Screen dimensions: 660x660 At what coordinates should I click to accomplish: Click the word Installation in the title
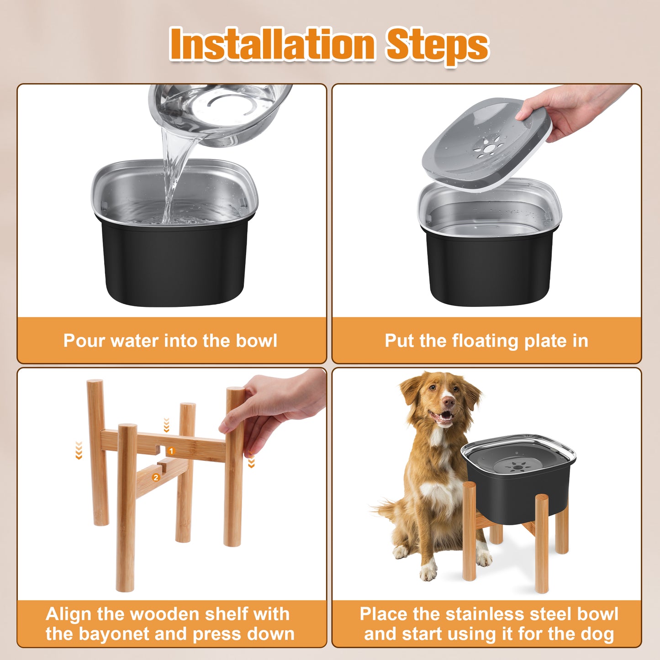pos(272,44)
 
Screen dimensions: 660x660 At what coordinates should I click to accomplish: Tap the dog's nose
pos(449,402)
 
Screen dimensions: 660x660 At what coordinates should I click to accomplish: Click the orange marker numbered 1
pos(171,451)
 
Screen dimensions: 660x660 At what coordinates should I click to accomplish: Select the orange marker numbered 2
pos(156,477)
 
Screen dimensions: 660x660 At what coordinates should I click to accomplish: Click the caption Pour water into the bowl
pos(170,341)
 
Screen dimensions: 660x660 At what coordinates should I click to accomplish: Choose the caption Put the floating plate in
pos(486,341)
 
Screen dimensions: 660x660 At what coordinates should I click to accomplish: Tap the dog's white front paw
pos(428,571)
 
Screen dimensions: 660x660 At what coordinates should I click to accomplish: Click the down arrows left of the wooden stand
pos(79,450)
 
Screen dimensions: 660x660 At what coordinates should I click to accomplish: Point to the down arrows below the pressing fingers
pos(251,462)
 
